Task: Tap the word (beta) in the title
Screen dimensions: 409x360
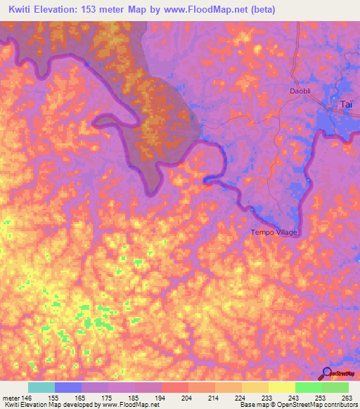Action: coord(259,9)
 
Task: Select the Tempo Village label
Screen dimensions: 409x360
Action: coord(274,233)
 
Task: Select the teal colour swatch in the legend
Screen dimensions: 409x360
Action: coord(41,387)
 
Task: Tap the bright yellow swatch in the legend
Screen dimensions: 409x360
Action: coord(282,387)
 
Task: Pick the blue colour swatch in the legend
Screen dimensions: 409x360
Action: coord(68,387)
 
